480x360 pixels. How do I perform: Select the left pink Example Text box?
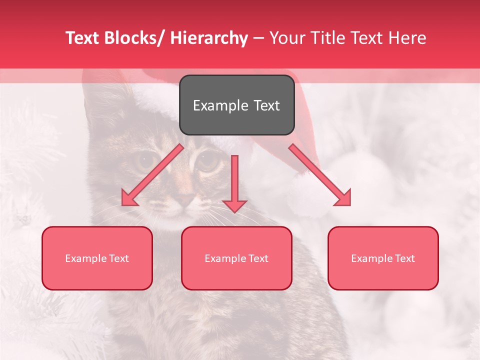(x=97, y=258)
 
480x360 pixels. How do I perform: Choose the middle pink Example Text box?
(x=236, y=258)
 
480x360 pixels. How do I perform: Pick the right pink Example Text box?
(x=383, y=258)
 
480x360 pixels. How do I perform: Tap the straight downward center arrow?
(x=234, y=182)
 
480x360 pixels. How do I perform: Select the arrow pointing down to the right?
(x=320, y=175)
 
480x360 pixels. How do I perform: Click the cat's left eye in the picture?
(x=146, y=160)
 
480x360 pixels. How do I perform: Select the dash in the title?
(x=258, y=38)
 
